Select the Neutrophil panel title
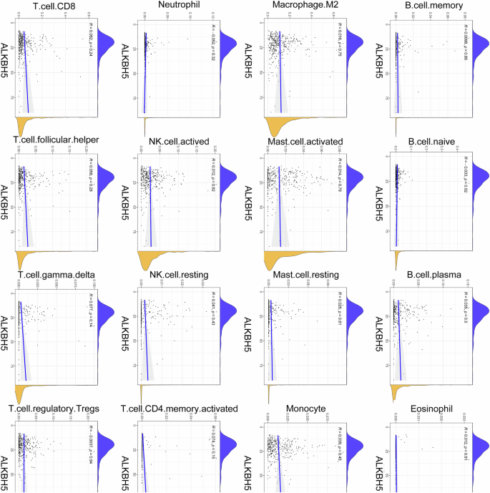click(170, 9)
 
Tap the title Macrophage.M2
click(299, 9)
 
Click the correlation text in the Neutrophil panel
click(213, 39)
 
